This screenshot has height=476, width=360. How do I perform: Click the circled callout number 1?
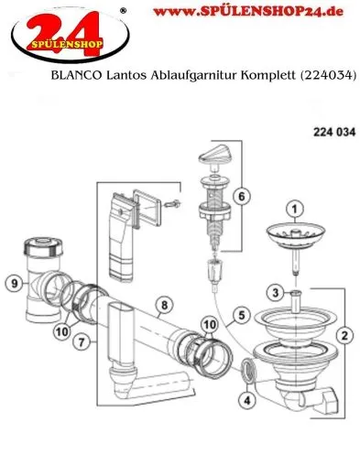click(295, 210)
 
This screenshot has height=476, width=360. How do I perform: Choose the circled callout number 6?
click(242, 196)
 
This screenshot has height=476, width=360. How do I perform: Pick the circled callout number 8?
click(162, 305)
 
